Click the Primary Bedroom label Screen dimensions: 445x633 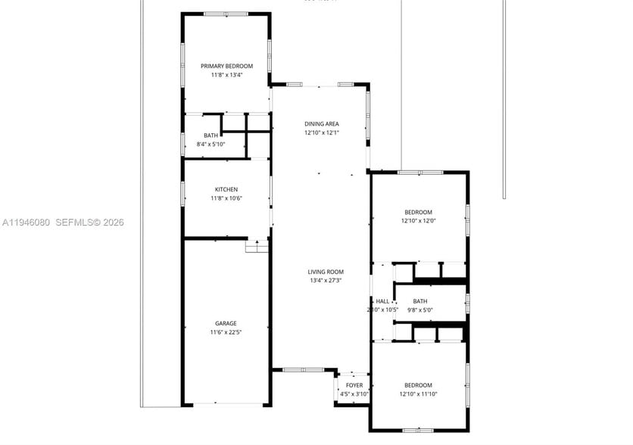226,66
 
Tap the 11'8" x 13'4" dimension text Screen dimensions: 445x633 226,75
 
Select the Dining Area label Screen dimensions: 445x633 322,123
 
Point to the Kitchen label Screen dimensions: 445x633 226,189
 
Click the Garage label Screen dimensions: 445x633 226,323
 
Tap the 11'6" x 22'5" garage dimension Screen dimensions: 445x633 226,332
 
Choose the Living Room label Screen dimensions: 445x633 326,272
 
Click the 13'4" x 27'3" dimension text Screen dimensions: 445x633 326,281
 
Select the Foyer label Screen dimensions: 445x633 354,385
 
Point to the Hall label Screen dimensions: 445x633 382,301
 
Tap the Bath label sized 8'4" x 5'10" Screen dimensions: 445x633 210,135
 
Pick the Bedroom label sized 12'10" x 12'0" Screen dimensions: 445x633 418,212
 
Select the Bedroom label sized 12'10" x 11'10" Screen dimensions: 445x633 418,384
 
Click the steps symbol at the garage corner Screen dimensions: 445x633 257,246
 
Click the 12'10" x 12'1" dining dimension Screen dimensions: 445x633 322,132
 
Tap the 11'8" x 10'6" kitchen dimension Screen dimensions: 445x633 226,198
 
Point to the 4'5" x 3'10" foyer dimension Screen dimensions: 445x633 354,394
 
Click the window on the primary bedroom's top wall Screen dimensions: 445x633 226,14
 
